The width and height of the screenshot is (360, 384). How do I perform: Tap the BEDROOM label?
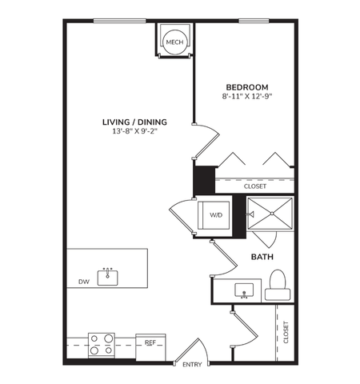click(x=246, y=86)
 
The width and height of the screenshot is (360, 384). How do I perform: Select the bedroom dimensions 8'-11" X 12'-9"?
click(x=246, y=97)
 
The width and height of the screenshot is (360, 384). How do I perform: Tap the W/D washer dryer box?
click(x=216, y=215)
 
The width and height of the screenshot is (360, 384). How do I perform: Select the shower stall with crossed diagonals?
click(x=270, y=215)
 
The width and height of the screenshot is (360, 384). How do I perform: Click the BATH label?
click(x=263, y=257)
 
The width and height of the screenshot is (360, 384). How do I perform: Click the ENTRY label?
click(x=192, y=365)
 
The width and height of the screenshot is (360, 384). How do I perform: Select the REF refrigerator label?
click(x=150, y=342)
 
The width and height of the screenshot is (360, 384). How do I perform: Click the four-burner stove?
click(x=101, y=344)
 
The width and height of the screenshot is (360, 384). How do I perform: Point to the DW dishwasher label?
click(x=83, y=281)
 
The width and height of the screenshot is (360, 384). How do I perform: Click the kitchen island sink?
click(x=108, y=278)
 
